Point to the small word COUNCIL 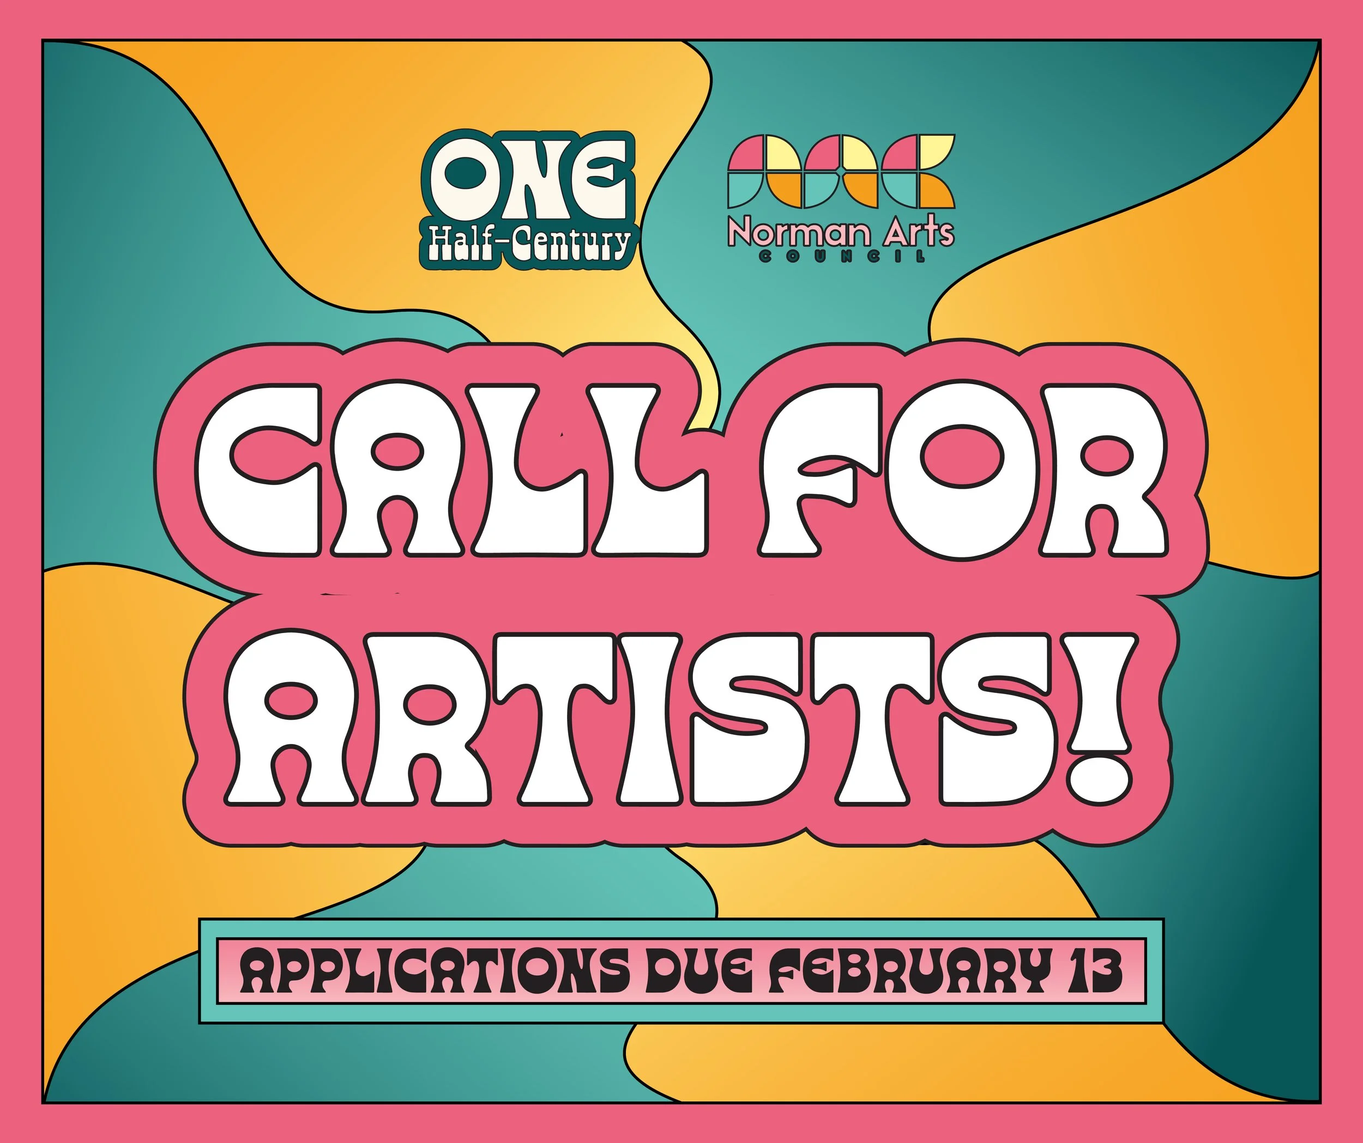[x=841, y=258]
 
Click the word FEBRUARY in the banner [x=902, y=971]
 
